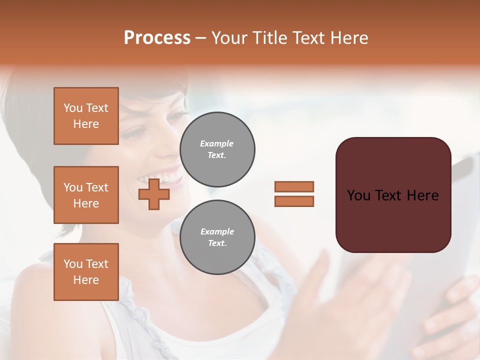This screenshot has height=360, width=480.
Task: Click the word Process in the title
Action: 157,37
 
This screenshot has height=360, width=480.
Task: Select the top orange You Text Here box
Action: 86,116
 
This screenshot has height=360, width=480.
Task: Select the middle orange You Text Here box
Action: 86,195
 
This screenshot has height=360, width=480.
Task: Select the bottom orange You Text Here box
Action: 86,271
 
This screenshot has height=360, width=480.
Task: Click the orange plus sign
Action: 154,194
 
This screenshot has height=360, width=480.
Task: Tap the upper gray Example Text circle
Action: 217,149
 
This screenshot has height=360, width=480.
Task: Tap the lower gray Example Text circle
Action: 217,237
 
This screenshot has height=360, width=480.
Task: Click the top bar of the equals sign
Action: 294,186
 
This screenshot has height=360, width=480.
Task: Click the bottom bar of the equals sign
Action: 294,201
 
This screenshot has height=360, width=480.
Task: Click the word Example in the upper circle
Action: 217,143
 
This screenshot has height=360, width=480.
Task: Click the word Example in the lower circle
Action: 217,231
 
